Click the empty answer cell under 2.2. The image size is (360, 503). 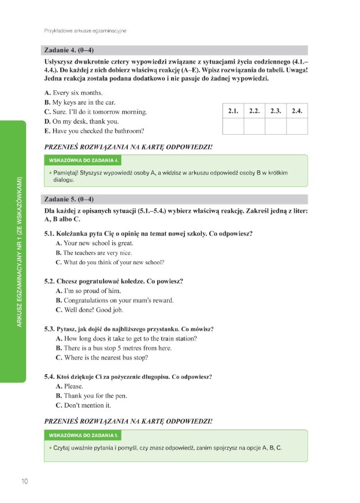[x=254, y=125]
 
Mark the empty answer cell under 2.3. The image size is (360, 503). [x=276, y=125]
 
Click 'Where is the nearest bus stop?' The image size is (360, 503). [x=106, y=357]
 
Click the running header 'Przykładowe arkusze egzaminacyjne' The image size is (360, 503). [x=85, y=30]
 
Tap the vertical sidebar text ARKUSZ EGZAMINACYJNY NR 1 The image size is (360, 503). [x=18, y=251]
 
